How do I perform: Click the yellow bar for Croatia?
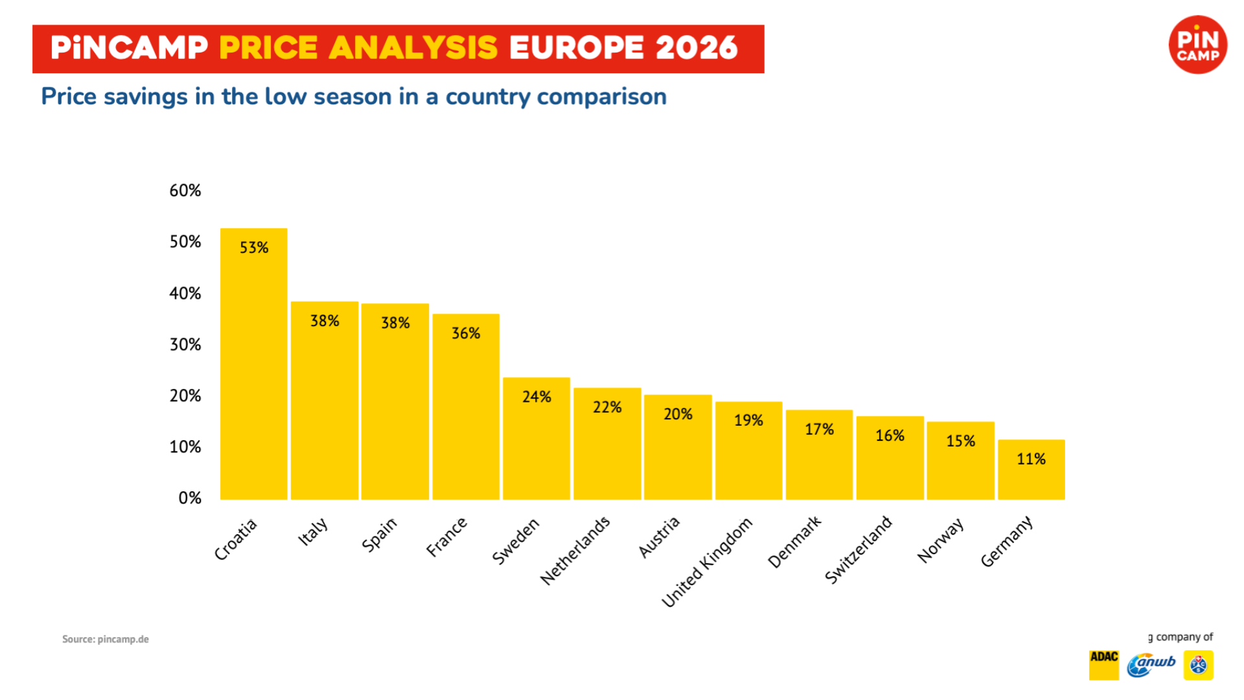(x=253, y=364)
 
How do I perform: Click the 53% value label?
(x=254, y=248)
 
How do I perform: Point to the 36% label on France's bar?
(x=466, y=333)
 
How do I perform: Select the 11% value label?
(x=1031, y=460)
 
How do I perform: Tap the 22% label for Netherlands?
(x=607, y=407)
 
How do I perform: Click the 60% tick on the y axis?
(x=185, y=191)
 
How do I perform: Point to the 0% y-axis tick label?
(x=190, y=498)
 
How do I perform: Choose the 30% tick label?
(x=185, y=344)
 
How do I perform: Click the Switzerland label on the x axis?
(x=858, y=550)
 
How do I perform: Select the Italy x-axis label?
(x=313, y=532)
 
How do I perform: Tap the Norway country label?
(x=941, y=541)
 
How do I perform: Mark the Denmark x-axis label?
(x=794, y=542)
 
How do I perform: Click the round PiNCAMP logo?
(x=1197, y=45)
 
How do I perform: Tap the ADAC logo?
(x=1104, y=664)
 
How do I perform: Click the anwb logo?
(x=1151, y=664)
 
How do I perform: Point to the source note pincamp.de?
(x=106, y=639)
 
